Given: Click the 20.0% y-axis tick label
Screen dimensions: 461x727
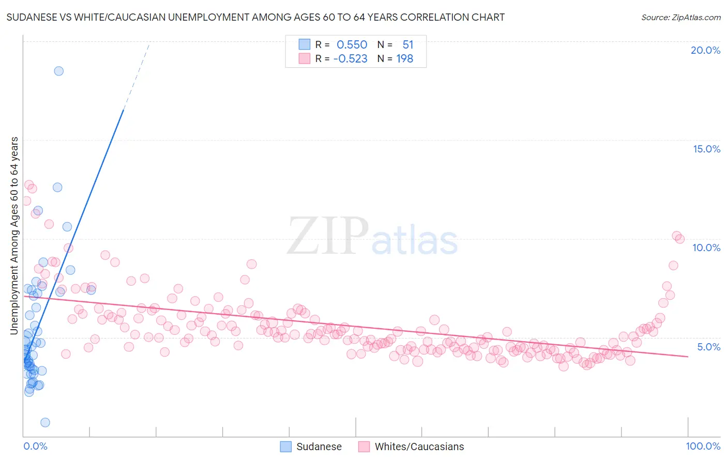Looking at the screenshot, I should tap(705, 50).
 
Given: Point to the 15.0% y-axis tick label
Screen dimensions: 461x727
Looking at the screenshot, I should tap(706, 149).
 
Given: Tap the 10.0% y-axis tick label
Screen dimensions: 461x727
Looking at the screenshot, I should tap(706, 248).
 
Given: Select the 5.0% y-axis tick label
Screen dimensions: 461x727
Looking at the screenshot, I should tap(708, 347).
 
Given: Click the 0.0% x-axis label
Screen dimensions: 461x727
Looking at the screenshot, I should tap(35, 446).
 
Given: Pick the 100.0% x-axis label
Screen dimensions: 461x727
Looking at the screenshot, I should tap(703, 446).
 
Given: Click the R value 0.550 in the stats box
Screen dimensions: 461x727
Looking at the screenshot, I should tap(352, 45).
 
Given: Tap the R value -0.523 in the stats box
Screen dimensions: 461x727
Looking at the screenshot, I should tap(350, 59).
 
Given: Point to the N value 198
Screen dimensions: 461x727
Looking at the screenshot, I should tap(404, 59).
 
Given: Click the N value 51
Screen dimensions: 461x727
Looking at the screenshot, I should tap(407, 45).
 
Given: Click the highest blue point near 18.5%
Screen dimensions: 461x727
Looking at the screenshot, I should tap(59, 71).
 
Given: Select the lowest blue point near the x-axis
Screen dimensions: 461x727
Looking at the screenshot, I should tap(45, 422).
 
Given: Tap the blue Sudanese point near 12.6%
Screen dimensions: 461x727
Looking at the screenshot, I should tap(57, 187).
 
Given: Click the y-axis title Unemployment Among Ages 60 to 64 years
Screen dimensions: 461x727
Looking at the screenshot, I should tap(14, 235).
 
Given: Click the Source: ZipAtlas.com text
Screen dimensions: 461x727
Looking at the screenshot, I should tap(680, 18).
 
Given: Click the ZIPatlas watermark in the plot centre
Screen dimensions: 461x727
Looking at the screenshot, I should tap(372, 237).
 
